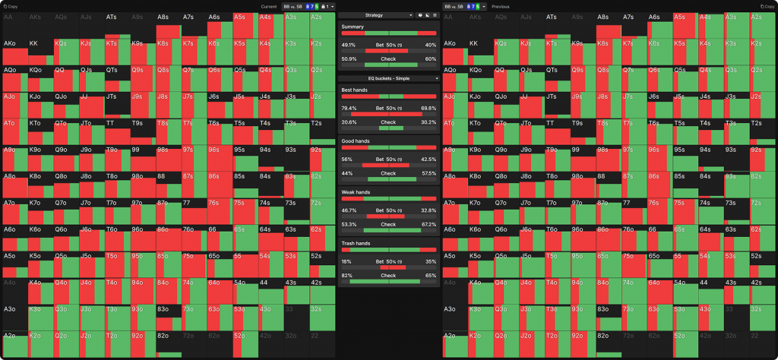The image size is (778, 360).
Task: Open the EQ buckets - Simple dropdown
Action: (388, 78)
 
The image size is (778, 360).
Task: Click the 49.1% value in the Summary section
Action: (349, 44)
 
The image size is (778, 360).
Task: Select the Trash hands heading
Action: (356, 243)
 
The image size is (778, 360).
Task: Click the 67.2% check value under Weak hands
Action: (429, 224)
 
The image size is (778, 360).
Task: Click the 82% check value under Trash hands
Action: (347, 275)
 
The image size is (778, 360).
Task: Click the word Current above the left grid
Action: (268, 6)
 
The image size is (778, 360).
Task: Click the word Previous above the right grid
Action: (501, 6)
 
